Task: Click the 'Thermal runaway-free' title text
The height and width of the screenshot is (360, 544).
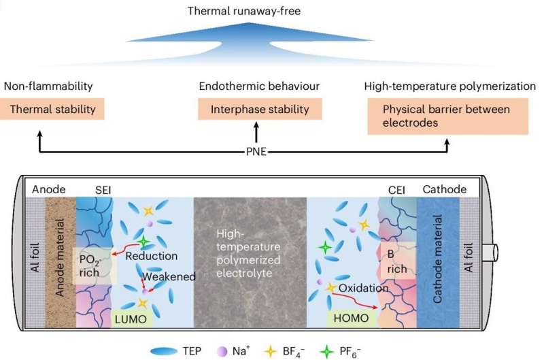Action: (271, 10)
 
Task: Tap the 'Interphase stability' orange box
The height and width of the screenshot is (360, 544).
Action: (256, 109)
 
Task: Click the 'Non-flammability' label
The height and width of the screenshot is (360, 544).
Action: (48, 86)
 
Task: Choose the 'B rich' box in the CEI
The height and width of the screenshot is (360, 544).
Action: (396, 261)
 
